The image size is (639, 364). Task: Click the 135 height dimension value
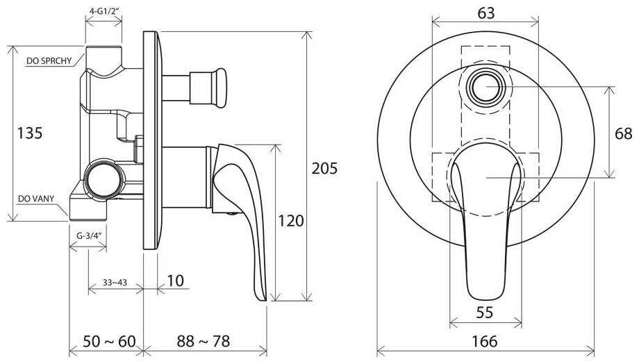(30, 133)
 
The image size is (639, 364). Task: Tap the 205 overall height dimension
(325, 168)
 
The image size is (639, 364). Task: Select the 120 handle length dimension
(291, 220)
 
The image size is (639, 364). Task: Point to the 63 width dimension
(486, 13)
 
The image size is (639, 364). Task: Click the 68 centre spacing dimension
(624, 133)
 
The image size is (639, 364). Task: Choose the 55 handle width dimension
(485, 312)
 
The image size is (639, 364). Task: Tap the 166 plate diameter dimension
(485, 341)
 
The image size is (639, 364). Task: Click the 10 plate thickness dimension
(175, 281)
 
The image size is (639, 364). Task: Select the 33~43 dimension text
(115, 282)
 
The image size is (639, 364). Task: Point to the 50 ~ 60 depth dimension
(109, 341)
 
